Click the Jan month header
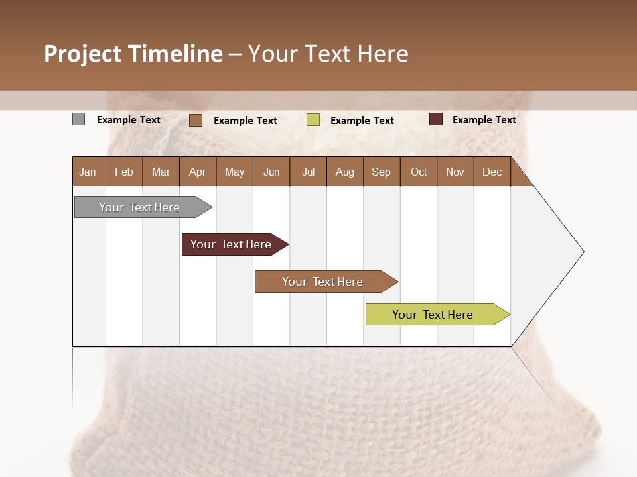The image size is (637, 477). click(88, 172)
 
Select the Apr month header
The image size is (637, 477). click(198, 172)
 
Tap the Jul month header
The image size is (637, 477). click(308, 172)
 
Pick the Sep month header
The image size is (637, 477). click(382, 172)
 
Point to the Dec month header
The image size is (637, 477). click(492, 172)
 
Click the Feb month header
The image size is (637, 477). click(124, 172)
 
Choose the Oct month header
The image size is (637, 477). click(419, 172)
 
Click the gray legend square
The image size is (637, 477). click(79, 119)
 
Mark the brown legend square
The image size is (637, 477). click(196, 120)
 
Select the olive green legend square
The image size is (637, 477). click(313, 120)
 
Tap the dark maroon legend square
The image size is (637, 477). click(436, 119)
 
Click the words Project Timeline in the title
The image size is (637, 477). click(133, 54)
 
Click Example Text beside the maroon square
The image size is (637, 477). click(484, 120)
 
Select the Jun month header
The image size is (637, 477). click(271, 172)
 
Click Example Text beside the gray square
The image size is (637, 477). click(129, 120)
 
